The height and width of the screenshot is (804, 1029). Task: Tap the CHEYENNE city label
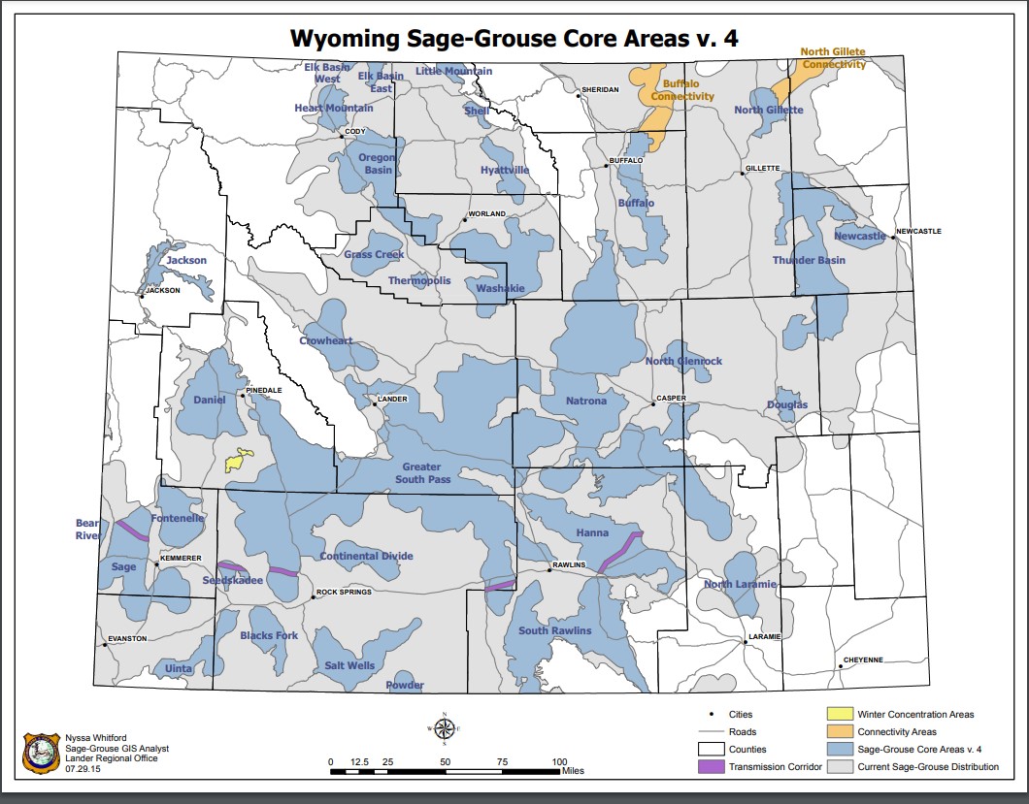(x=863, y=659)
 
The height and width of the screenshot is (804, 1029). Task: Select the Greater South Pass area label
(x=423, y=473)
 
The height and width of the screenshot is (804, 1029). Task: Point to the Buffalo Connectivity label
(x=682, y=90)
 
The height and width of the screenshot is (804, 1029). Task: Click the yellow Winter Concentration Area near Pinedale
(x=240, y=461)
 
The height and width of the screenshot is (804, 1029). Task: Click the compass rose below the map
(x=443, y=727)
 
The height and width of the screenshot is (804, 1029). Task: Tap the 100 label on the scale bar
(x=559, y=762)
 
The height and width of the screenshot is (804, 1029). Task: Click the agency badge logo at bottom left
(x=40, y=752)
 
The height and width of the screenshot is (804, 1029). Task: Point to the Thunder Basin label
(x=809, y=260)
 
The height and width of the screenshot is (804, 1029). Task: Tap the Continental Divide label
(x=366, y=557)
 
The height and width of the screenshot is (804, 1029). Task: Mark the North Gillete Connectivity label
(x=832, y=58)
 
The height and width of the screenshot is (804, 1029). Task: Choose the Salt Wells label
(x=349, y=666)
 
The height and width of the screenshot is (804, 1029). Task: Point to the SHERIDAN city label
(x=599, y=90)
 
